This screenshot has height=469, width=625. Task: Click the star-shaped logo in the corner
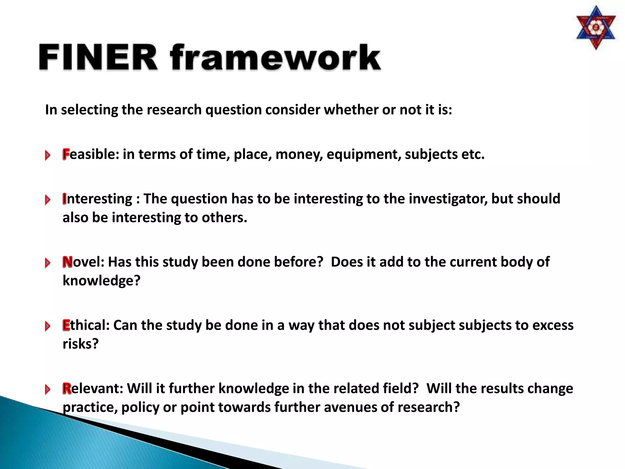pos(596,28)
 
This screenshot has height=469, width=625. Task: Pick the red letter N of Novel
pos(67,262)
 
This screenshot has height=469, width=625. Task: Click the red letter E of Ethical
pos(66,325)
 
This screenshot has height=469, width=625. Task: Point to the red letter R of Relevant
pos(67,388)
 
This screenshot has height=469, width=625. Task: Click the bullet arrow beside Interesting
pos(48,200)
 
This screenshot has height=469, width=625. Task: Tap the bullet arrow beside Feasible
pos(48,155)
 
